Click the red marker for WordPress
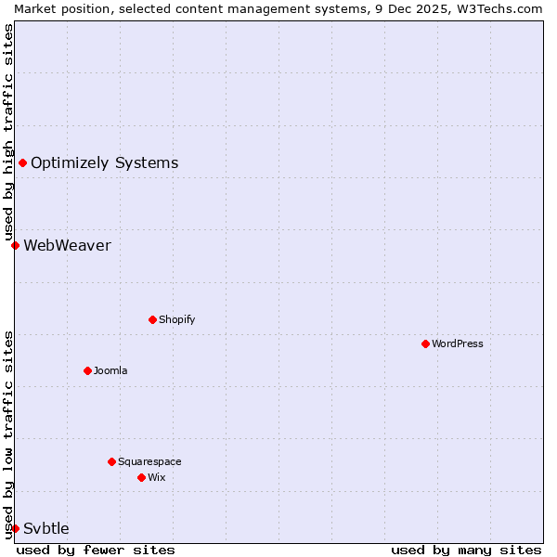(425, 343)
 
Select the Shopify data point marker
(152, 319)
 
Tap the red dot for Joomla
(87, 370)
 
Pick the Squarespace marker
(111, 461)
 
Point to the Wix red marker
(141, 477)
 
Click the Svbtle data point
(15, 528)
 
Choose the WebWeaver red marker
(15, 245)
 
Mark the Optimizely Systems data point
(22, 163)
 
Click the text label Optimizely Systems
(104, 163)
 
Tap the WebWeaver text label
(67, 245)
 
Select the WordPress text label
(458, 343)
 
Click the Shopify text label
(177, 319)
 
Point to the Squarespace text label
(149, 461)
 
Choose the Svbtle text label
(46, 528)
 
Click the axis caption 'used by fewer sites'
(96, 550)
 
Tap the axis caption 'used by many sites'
(466, 550)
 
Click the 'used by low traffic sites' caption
(8, 434)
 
